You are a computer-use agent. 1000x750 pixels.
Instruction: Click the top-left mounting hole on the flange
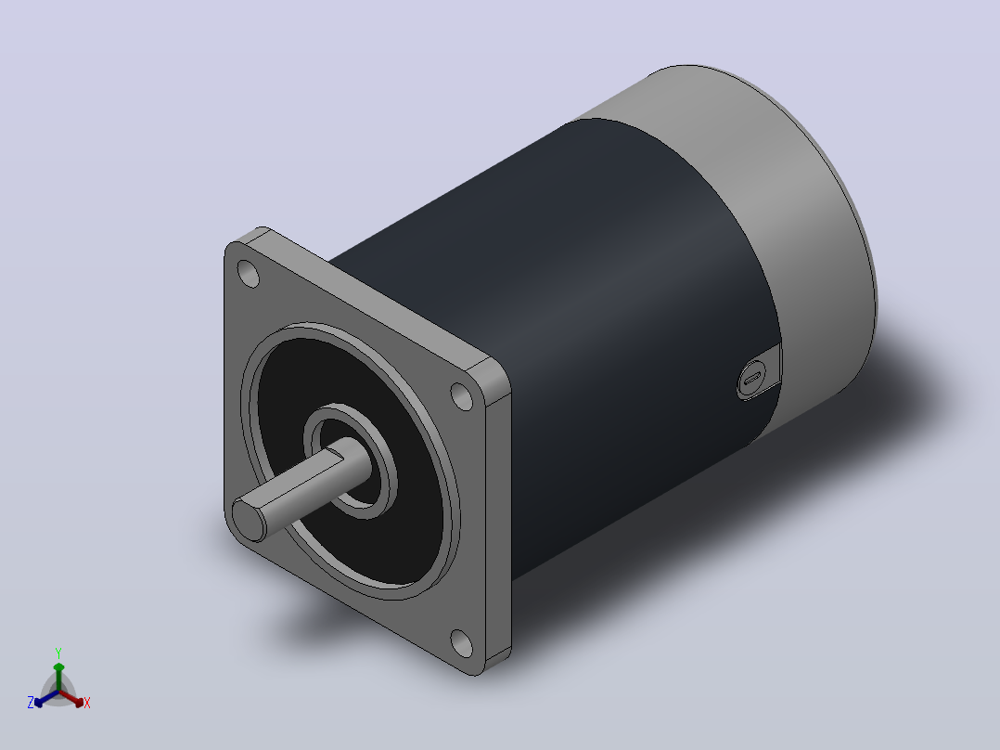click(x=248, y=274)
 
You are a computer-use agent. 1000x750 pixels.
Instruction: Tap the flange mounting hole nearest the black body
click(x=462, y=395)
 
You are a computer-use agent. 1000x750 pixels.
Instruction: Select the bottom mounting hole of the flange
click(x=461, y=643)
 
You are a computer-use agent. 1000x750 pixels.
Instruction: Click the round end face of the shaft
click(x=248, y=519)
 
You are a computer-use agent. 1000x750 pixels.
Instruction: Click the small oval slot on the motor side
click(x=752, y=378)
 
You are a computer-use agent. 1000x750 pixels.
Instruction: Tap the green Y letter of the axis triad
click(x=58, y=653)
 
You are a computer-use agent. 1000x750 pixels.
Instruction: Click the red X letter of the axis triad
click(x=87, y=703)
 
